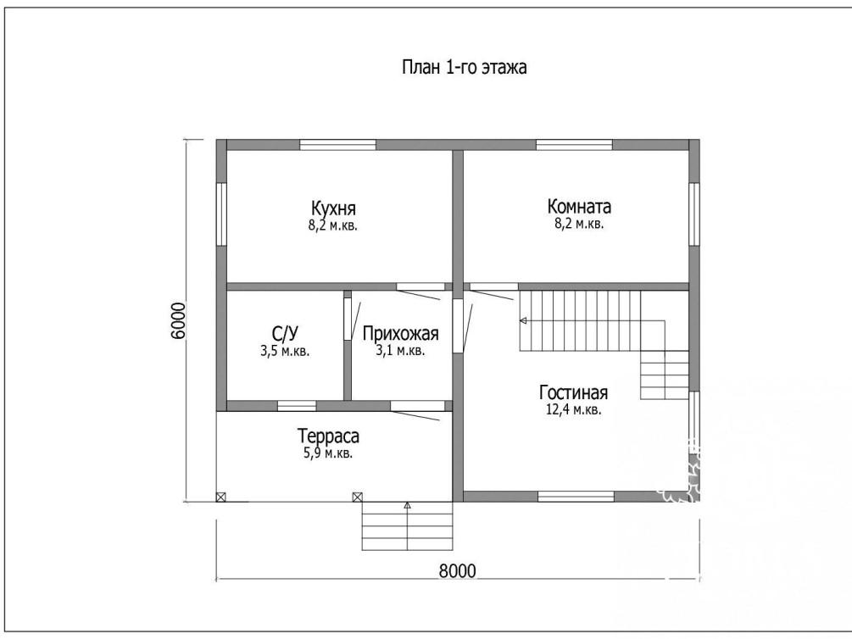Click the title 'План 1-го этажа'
coord(464,68)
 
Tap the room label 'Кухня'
coord(334,208)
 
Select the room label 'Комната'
coord(579,207)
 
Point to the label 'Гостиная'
coord(573,392)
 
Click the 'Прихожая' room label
coord(400,333)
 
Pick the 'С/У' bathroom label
coord(285,333)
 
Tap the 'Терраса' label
coord(328,436)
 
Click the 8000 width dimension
coord(457,571)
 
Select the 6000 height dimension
coord(178,320)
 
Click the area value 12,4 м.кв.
coord(573,410)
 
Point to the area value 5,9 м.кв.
coord(328,453)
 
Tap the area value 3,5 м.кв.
coord(285,351)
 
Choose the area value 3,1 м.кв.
coord(400,351)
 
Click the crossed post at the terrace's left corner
coord(220,497)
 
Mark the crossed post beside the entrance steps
coord(358,497)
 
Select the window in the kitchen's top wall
coord(338,145)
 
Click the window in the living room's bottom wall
coord(576,496)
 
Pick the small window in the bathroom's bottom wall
coord(297,406)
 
